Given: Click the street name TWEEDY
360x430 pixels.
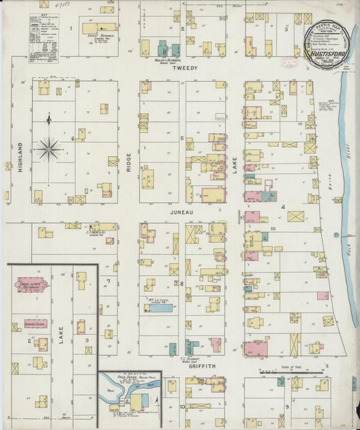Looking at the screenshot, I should (x=183, y=69).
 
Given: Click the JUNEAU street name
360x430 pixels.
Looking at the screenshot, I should (x=183, y=212).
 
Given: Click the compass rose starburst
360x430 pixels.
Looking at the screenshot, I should (x=49, y=147).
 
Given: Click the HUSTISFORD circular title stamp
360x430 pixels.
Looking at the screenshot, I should (x=327, y=39).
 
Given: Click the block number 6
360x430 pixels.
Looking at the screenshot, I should (x=72, y=138).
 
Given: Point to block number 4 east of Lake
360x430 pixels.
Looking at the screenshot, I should (x=284, y=207).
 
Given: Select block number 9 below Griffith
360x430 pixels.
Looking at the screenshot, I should (x=286, y=406).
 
